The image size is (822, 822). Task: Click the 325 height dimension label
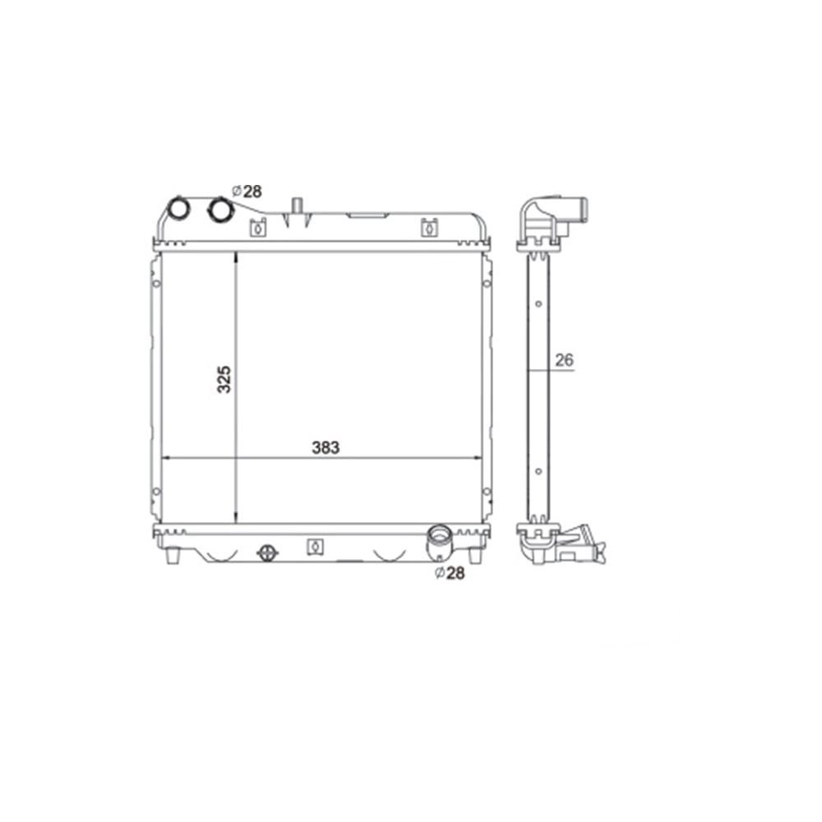tap(224, 379)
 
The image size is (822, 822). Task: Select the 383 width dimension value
tap(326, 447)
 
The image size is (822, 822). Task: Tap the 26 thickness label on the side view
tap(564, 360)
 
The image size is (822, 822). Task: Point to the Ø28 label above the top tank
tap(247, 192)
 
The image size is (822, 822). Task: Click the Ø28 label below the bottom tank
tap(450, 573)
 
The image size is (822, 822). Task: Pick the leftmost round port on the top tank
tap(178, 208)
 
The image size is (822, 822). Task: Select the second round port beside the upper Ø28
tap(220, 209)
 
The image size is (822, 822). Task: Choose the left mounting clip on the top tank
tap(257, 228)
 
